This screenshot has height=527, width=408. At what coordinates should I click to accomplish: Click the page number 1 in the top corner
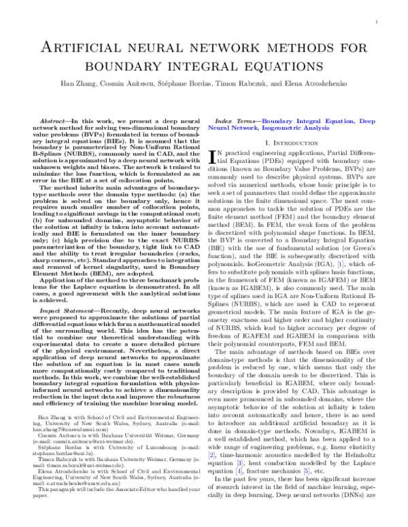click(x=376, y=22)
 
